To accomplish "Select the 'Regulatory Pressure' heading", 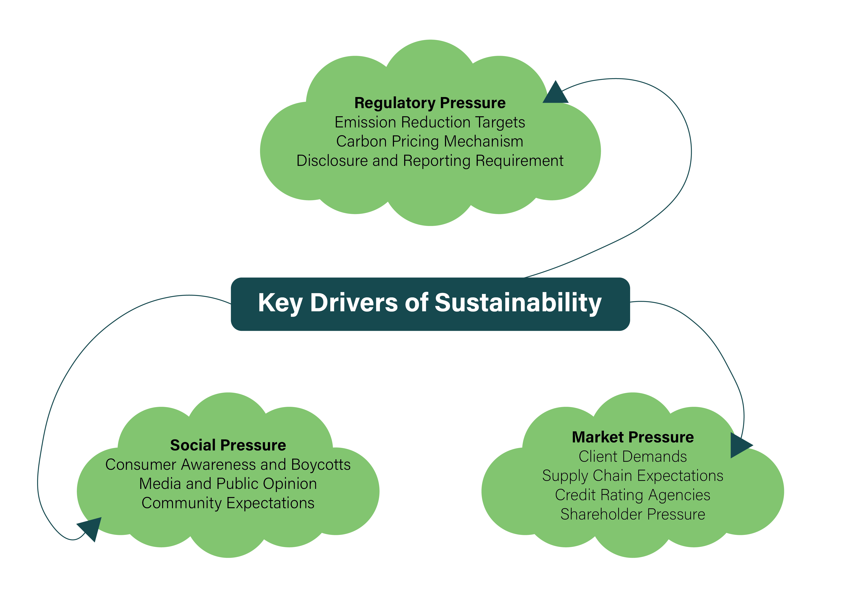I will [x=430, y=103].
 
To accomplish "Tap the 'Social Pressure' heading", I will [x=228, y=445].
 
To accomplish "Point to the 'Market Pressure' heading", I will [x=633, y=437].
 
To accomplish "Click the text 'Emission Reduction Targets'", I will [x=430, y=122].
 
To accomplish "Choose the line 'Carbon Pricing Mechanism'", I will [x=430, y=141].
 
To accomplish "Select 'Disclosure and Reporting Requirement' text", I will [x=430, y=161].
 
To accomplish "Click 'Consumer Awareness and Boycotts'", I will [x=228, y=464].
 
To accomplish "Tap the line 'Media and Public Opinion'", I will [x=228, y=483].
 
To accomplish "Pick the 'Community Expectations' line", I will [x=228, y=503].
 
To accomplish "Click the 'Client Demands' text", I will [x=633, y=457].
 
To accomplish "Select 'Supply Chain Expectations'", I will [x=633, y=476].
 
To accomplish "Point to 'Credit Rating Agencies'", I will [x=633, y=495].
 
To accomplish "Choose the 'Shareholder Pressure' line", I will [x=633, y=514].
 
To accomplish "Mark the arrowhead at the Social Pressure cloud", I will [x=91, y=527].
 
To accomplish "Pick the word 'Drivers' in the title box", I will [x=354, y=303].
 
